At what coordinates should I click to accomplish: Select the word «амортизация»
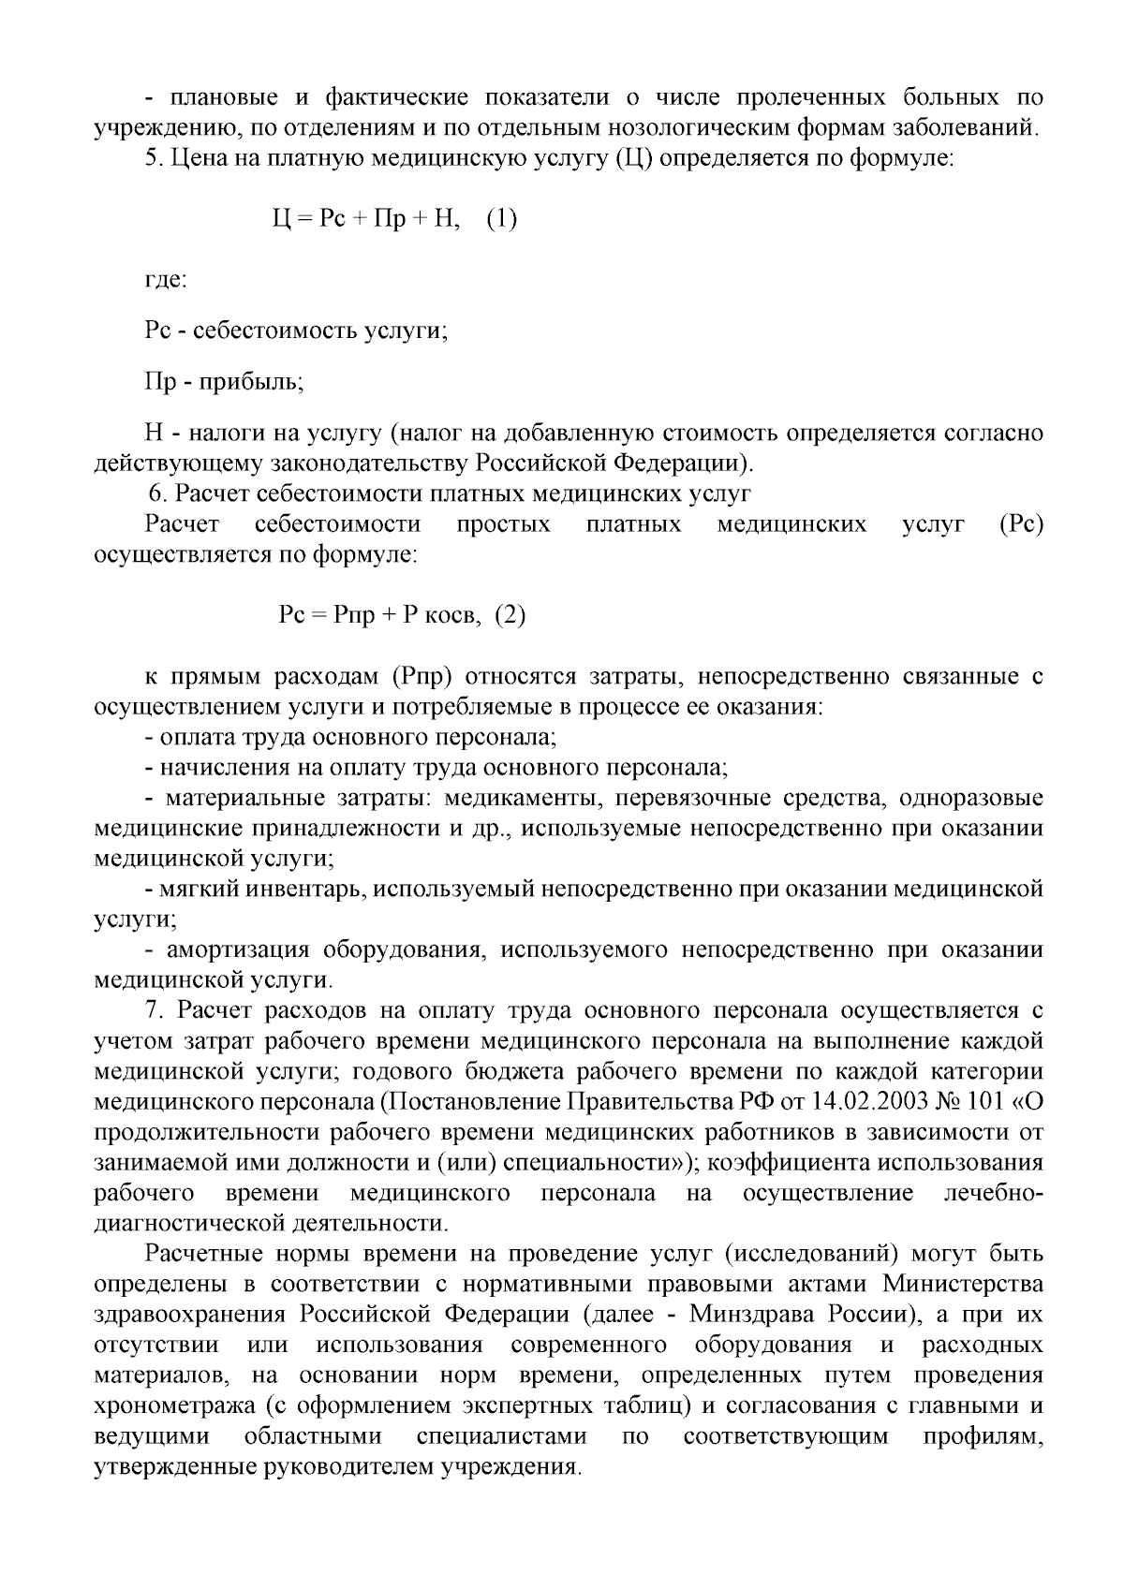click(x=237, y=950)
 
